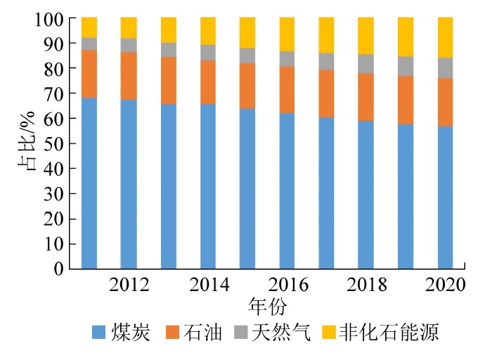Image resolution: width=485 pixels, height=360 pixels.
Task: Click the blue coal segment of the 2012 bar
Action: [129, 183]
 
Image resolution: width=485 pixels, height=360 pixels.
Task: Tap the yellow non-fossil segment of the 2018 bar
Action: [366, 35]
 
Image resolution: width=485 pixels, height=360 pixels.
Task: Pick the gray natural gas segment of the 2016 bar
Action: [287, 58]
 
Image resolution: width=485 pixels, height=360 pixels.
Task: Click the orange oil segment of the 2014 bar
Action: [208, 82]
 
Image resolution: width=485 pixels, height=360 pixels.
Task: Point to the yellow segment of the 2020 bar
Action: [446, 37]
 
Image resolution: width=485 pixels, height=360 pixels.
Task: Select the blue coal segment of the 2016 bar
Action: [287, 190]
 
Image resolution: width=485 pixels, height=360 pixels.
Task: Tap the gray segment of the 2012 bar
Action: [129, 45]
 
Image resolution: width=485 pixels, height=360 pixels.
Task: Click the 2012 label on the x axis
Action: [129, 285]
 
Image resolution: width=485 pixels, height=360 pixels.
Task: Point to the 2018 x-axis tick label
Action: [366, 285]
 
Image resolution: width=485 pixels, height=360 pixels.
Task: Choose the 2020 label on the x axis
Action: [446, 285]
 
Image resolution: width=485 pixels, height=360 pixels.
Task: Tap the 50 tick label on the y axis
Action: [56, 143]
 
